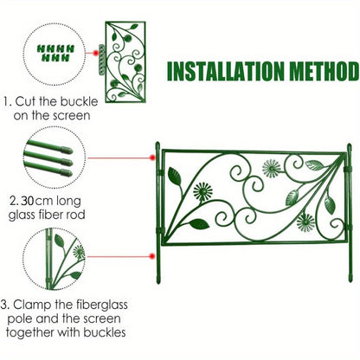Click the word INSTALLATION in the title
point(221,71)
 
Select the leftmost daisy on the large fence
point(202,191)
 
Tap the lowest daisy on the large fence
point(305,222)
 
